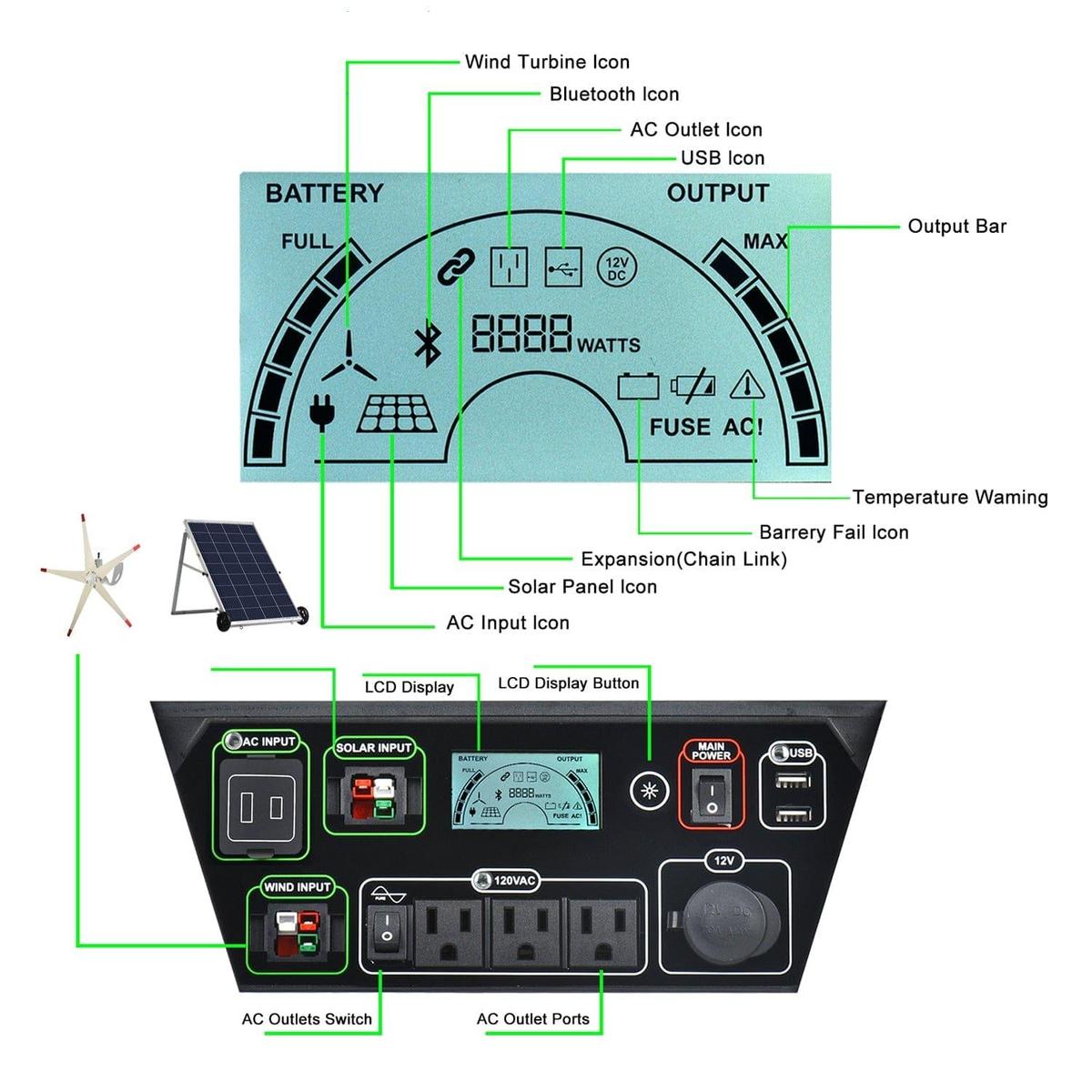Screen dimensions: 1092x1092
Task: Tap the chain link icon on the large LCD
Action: (x=456, y=267)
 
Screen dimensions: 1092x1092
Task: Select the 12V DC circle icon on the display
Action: (x=617, y=268)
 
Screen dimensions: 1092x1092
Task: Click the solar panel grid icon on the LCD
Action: (x=396, y=414)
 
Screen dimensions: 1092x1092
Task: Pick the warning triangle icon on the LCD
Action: (x=747, y=385)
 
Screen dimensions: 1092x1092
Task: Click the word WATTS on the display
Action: (x=608, y=346)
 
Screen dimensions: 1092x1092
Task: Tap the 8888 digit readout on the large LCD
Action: (x=521, y=334)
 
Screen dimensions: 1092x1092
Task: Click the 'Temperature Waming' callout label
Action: (x=949, y=497)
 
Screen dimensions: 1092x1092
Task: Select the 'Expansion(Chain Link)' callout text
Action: (x=683, y=559)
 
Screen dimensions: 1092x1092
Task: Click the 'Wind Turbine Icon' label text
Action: (x=547, y=62)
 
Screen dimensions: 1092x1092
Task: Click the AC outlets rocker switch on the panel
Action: (x=388, y=926)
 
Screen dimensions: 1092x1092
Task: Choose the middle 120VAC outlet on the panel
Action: (x=527, y=932)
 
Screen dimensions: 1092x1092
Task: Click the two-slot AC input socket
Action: (x=260, y=807)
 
